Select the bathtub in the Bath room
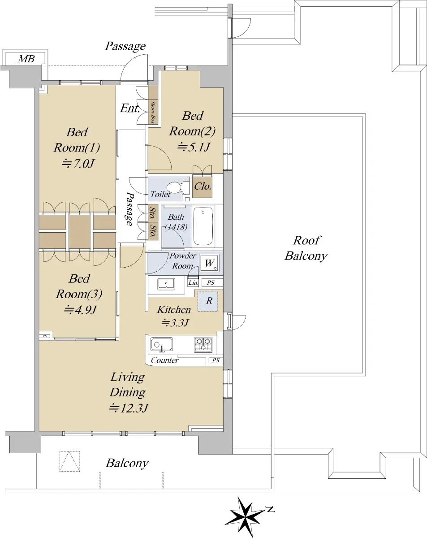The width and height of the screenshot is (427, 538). (x=203, y=226)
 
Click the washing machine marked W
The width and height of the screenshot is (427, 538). (x=209, y=263)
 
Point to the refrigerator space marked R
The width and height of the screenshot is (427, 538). (x=207, y=301)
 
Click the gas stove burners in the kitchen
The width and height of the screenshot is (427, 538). (x=203, y=344)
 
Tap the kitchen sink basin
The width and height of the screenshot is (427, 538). (x=161, y=344)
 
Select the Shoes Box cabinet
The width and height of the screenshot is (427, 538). (x=153, y=104)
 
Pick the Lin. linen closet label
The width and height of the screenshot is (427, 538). (x=193, y=282)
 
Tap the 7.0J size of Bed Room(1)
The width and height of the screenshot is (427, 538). (x=78, y=164)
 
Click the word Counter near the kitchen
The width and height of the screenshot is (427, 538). (x=164, y=360)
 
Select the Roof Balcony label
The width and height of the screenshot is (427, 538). (x=306, y=248)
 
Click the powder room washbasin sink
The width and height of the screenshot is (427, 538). (x=166, y=284)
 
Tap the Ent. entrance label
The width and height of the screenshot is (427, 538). (x=129, y=108)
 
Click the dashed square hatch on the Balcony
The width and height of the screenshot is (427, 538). (x=70, y=461)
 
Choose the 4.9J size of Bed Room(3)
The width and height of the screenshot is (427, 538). (x=80, y=310)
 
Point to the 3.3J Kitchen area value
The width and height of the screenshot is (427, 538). (x=175, y=323)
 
